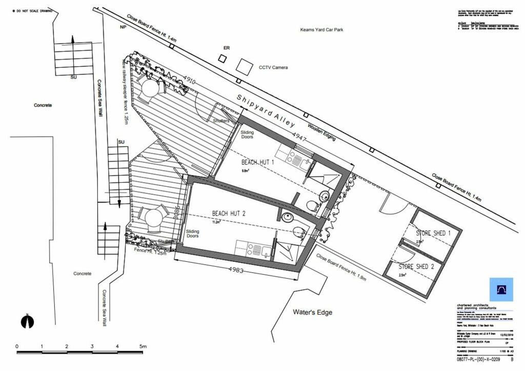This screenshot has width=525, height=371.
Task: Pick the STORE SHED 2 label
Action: pos(416,266)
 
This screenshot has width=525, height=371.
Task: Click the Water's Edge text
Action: pos(312,312)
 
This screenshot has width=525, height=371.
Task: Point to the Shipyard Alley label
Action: pos(266,110)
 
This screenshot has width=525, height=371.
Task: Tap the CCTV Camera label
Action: pos(273,68)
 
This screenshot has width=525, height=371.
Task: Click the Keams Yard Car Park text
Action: pos(321,30)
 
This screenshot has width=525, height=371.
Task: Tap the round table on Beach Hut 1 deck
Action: pos(150,88)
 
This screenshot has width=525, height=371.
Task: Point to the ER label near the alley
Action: pos(227,48)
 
